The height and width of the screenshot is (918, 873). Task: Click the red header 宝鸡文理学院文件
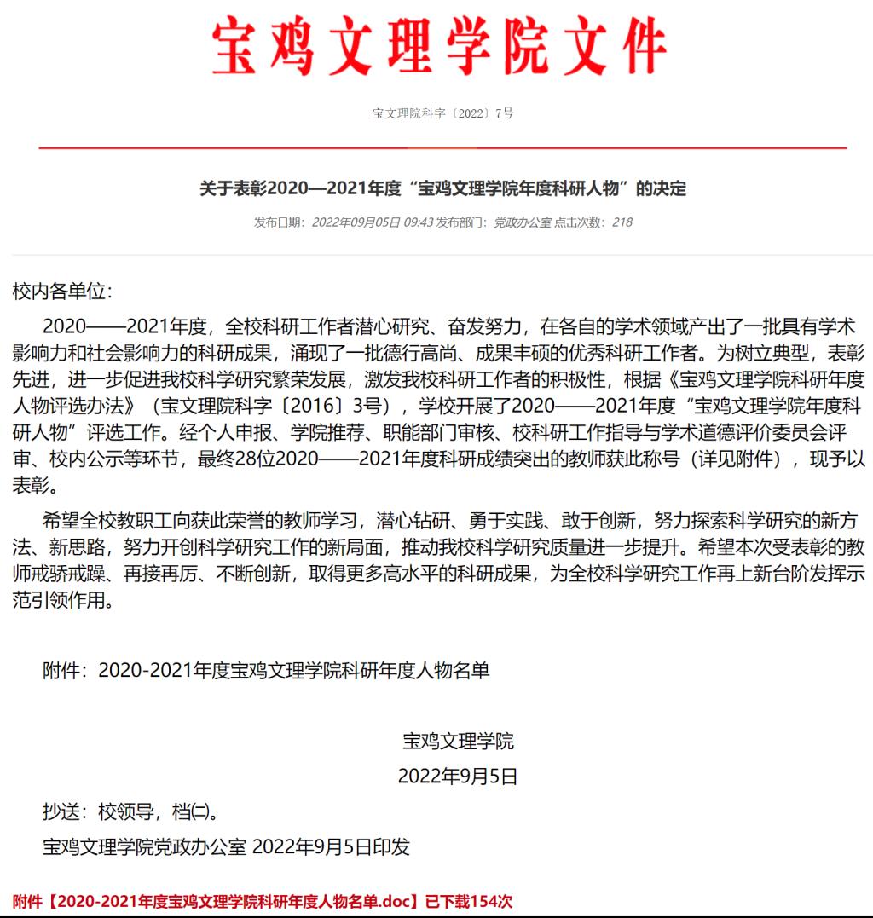437,49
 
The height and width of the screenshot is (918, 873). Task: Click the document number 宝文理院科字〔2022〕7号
442,113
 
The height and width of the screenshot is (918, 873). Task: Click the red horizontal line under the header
442,148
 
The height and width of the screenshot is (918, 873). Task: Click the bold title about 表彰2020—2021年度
442,188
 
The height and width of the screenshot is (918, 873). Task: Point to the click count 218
622,222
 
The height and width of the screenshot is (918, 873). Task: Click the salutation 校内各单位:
62,292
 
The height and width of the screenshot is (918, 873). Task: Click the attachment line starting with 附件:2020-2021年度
266,671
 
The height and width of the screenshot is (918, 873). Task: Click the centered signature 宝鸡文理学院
458,741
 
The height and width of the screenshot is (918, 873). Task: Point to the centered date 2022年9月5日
458,777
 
